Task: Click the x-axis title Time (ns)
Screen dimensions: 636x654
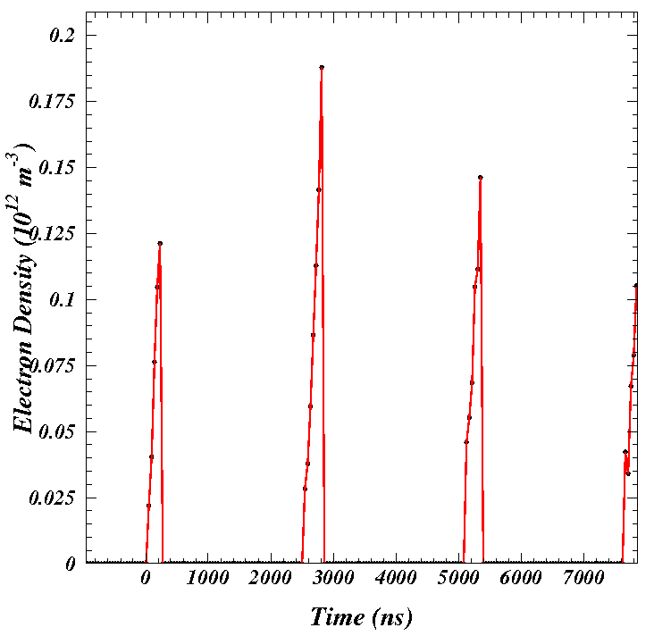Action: [360, 617]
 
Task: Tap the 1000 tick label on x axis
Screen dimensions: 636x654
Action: [207, 579]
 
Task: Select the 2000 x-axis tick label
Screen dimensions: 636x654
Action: [270, 579]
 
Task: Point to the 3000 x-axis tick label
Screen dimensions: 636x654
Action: [332, 579]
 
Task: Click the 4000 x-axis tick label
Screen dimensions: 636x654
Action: [395, 579]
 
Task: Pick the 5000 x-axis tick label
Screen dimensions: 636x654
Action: [457, 579]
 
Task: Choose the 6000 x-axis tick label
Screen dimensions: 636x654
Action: [520, 579]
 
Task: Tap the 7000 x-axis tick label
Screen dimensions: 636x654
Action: [583, 579]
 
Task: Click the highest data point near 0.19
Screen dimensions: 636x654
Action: [322, 67]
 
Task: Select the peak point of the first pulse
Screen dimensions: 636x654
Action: [160, 243]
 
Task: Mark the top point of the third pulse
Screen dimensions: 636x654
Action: [480, 178]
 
